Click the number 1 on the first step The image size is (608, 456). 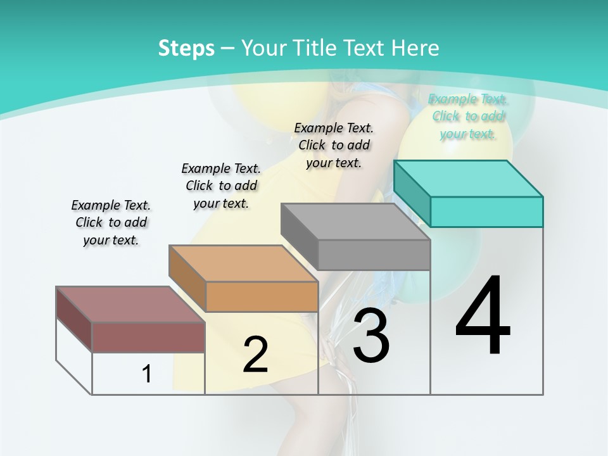point(147,374)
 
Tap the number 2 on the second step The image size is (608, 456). point(255,355)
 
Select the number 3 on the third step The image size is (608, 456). point(371,336)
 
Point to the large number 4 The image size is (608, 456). point(483,316)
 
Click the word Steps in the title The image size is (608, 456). point(186,48)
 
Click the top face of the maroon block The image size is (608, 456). point(130,304)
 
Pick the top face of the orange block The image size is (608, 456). point(243,263)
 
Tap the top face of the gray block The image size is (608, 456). point(355,222)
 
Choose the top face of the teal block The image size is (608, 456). point(468,179)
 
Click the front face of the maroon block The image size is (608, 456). point(148,337)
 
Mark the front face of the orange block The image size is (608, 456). point(262,296)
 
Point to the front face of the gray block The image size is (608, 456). point(374,255)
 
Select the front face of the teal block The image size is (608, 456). point(486,212)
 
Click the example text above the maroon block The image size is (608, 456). point(111,222)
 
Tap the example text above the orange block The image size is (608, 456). point(221,186)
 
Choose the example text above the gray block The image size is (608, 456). point(334,145)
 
